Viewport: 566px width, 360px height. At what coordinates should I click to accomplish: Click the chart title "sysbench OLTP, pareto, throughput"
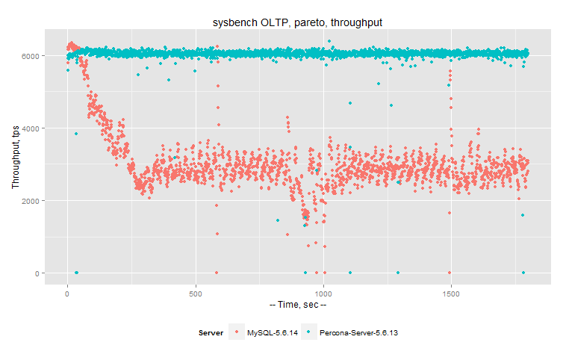297,23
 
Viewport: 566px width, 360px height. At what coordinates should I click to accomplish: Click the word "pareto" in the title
302,23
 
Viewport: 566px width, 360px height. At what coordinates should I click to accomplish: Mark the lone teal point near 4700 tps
349,102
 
